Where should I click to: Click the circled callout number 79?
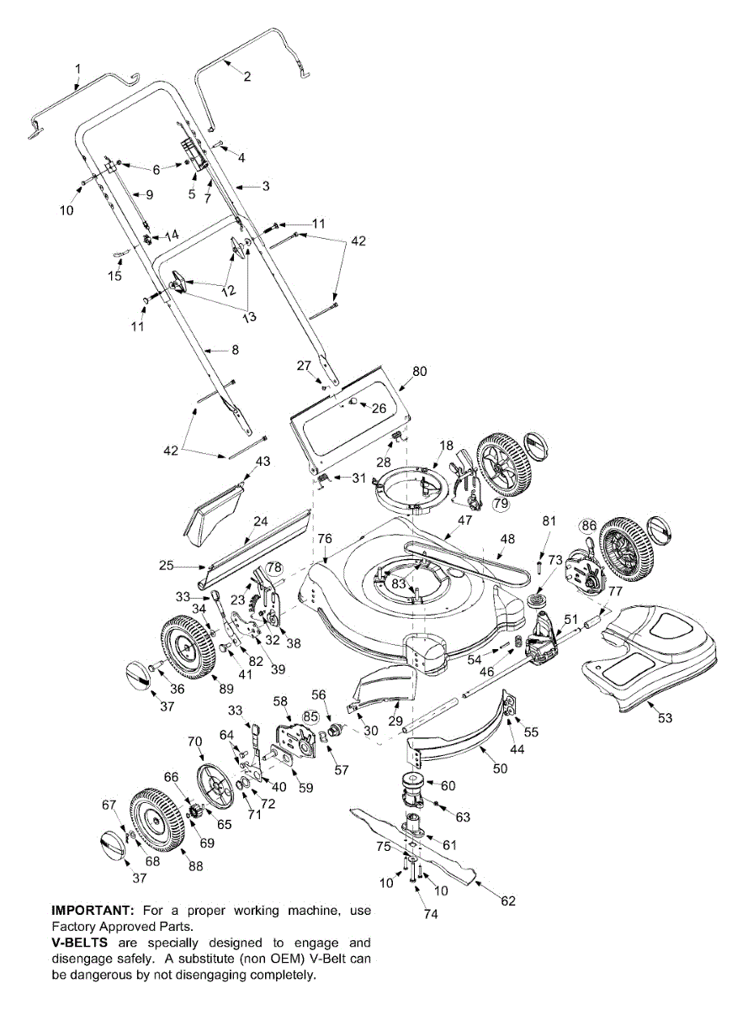(x=501, y=504)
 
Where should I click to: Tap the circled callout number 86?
(x=588, y=526)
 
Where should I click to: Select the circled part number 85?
(x=311, y=717)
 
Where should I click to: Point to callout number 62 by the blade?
(x=507, y=901)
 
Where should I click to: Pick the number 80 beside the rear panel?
(x=419, y=371)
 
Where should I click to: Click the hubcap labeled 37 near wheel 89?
(x=136, y=674)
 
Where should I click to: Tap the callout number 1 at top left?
(x=77, y=66)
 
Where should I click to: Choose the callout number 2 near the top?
(x=247, y=77)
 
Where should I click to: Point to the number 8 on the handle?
(x=235, y=349)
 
